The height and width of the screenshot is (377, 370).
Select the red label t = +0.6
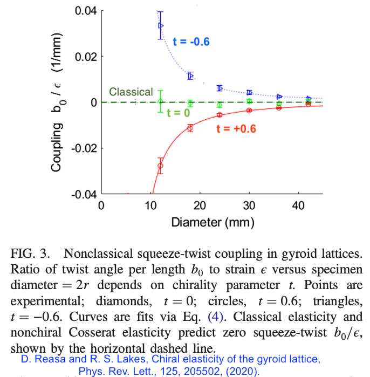[236, 128]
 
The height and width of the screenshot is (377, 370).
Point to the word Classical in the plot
[131, 92]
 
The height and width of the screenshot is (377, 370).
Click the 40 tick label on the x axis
[297, 205]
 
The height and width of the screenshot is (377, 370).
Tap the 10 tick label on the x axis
[150, 205]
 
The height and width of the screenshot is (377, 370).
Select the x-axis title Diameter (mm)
[212, 222]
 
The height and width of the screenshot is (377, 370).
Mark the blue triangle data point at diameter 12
[160, 25]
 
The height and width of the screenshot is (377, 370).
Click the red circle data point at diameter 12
[160, 166]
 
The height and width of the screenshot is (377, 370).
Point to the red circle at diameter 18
[190, 128]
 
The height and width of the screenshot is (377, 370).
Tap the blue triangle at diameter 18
[190, 76]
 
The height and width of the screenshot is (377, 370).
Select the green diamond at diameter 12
[160, 101]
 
